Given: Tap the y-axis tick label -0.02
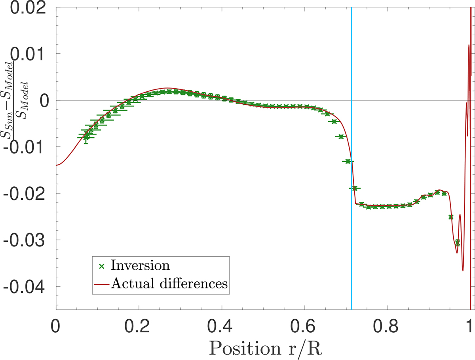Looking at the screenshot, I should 27,193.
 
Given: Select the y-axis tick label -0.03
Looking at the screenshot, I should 27,240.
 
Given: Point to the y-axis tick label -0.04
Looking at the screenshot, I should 27,286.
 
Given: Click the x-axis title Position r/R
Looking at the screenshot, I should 263,347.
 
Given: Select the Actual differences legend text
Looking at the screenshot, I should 169,284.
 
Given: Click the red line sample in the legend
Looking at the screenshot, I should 102,284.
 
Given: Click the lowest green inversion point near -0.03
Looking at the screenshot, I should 457,243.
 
